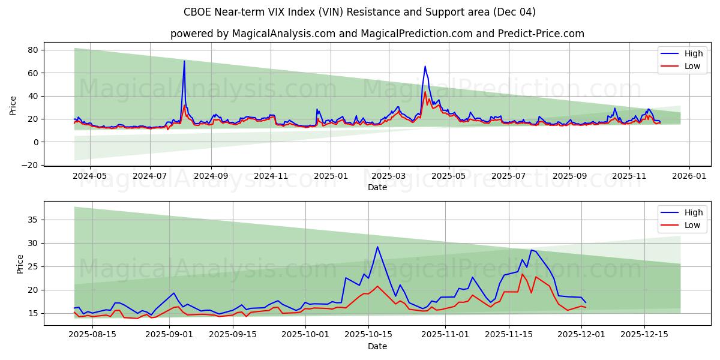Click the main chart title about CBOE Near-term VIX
point(360,12)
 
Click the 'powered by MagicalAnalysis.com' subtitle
point(377,34)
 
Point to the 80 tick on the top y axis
point(32,50)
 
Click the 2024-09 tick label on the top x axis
point(211,177)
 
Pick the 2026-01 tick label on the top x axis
point(689,177)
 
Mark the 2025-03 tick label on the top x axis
point(388,177)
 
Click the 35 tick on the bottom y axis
point(32,220)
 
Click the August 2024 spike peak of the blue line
point(184,61)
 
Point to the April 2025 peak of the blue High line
point(425,67)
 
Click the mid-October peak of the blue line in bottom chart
point(377,247)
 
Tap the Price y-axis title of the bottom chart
point(20,264)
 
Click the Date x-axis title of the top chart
point(377,188)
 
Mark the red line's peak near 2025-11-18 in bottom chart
point(522,274)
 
